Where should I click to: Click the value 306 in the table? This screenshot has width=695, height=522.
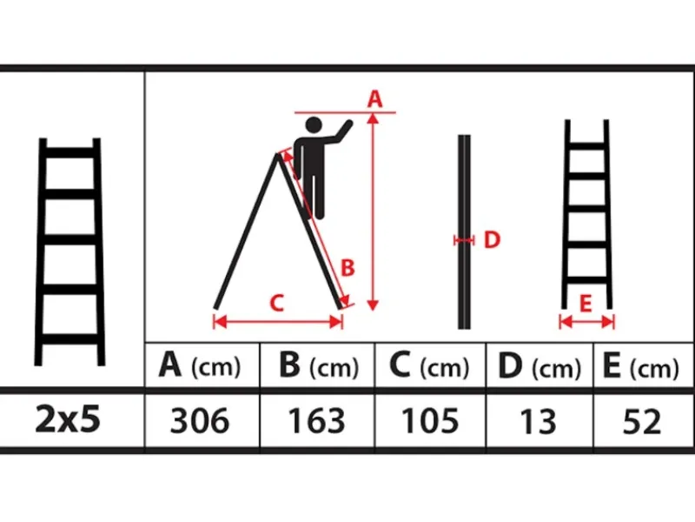pos(200,420)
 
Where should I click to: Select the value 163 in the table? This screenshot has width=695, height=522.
pos(316,420)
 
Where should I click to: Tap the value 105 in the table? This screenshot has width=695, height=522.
pos(430,420)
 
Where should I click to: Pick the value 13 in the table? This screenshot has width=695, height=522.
pos(538,421)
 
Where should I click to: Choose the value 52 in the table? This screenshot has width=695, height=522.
pos(642,421)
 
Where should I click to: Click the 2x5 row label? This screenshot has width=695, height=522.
pos(68,419)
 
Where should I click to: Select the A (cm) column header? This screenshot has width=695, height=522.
pos(200,365)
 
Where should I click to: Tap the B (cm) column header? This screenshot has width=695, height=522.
pos(319,365)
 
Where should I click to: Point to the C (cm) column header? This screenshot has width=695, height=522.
pos(429,366)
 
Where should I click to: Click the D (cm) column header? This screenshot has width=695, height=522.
pos(539,366)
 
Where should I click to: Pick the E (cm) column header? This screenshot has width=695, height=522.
pos(641,366)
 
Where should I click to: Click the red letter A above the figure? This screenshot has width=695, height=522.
pos(374,98)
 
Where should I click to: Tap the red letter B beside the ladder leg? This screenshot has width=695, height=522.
pos(348,268)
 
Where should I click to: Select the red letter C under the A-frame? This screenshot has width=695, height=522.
pos(276,303)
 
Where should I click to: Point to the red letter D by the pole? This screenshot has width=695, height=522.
pos(492,240)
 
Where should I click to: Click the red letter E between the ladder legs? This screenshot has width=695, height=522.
pos(586,304)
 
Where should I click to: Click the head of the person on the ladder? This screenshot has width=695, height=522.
pos(314,125)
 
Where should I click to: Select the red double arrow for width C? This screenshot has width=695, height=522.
pos(278,322)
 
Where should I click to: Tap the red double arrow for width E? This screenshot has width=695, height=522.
pos(587,321)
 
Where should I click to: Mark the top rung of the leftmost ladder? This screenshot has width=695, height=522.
pos(70,153)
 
